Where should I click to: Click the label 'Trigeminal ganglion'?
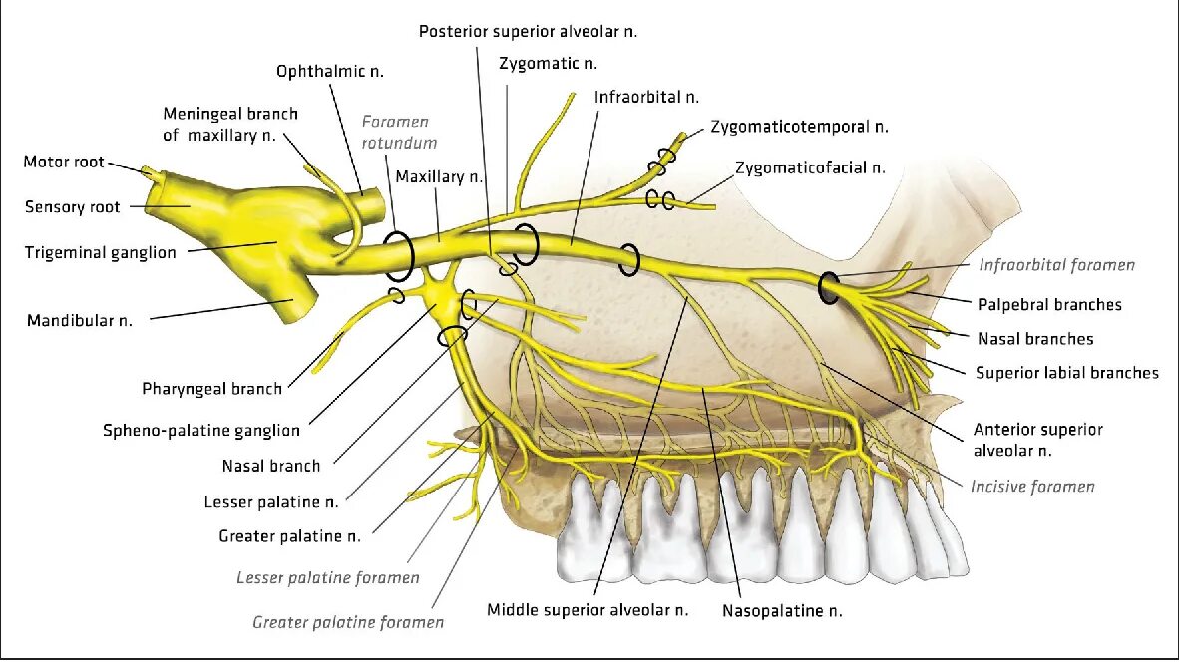click(x=100, y=253)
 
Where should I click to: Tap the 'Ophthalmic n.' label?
click(x=330, y=72)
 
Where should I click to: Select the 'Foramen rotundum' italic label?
click(x=399, y=132)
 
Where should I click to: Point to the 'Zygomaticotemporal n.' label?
click(x=799, y=127)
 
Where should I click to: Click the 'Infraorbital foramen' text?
click(x=1056, y=265)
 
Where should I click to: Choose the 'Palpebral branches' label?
click(x=1049, y=305)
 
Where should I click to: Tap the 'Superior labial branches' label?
click(x=1067, y=373)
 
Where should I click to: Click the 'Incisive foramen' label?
click(x=1032, y=487)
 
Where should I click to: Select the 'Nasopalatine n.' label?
click(x=789, y=609)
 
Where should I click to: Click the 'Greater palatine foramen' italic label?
click(x=348, y=623)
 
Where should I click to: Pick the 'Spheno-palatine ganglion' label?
click(x=200, y=431)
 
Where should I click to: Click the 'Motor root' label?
click(x=64, y=163)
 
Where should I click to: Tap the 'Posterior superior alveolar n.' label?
click(x=528, y=32)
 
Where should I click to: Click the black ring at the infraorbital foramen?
click(x=829, y=287)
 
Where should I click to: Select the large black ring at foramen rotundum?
click(x=398, y=257)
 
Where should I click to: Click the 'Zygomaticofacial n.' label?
click(x=810, y=168)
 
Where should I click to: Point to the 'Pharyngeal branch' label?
click(x=211, y=389)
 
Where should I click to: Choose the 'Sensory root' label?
click(x=72, y=207)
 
